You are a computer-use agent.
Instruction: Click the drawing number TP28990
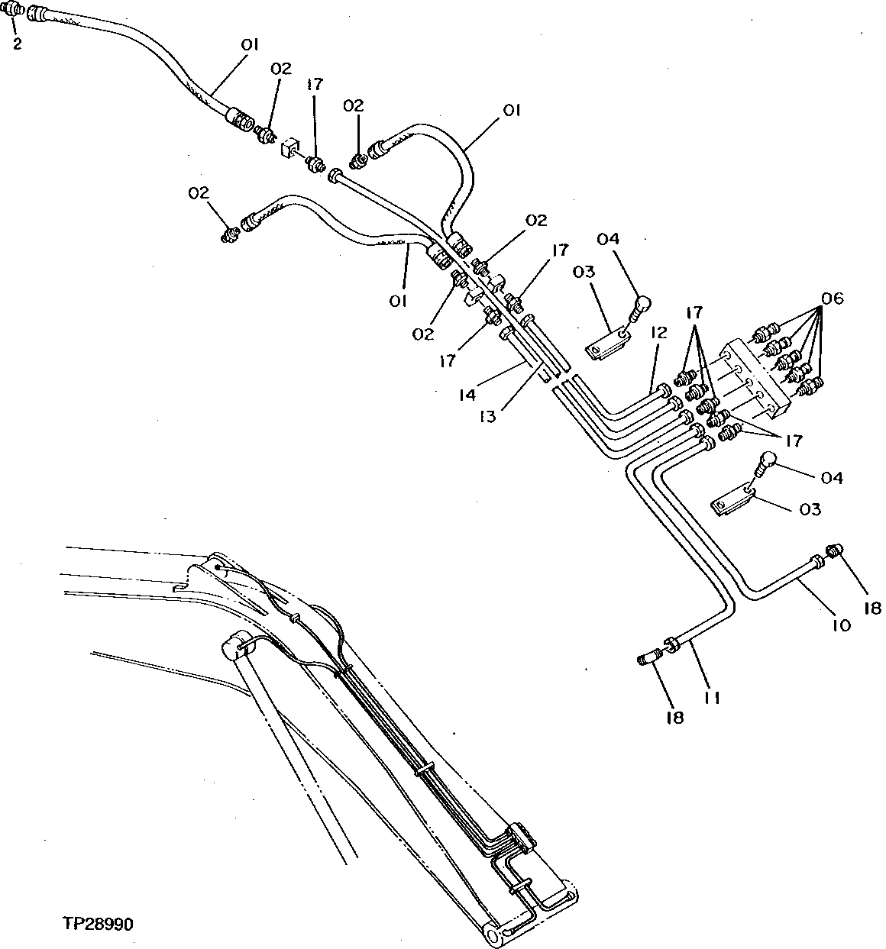click(98, 925)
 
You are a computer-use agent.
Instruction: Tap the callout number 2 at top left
click(17, 44)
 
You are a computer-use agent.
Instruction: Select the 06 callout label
click(833, 299)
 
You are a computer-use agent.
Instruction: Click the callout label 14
click(467, 395)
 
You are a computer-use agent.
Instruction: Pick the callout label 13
click(487, 416)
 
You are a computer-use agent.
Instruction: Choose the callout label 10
click(840, 625)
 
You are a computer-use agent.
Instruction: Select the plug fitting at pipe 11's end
click(648, 656)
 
